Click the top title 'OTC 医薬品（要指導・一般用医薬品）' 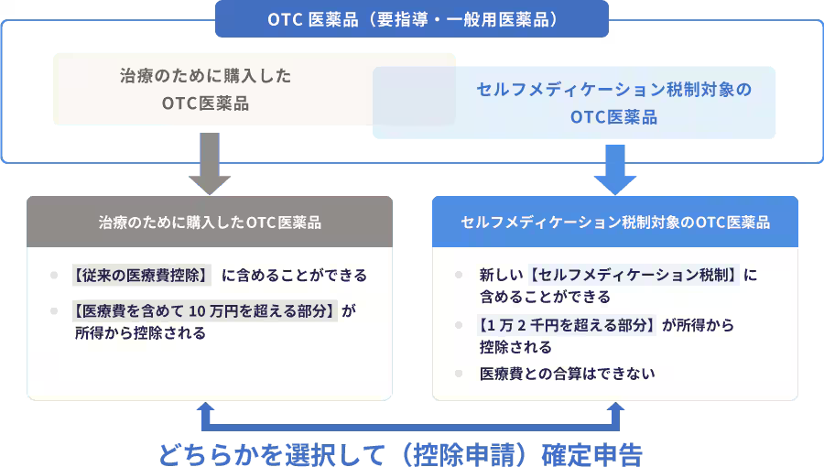click(412, 19)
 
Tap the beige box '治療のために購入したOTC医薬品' click(206, 89)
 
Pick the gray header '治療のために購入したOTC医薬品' click(210, 223)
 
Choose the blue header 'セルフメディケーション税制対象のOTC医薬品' click(614, 223)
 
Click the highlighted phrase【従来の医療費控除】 click(142, 275)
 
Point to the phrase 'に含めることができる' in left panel click(294, 275)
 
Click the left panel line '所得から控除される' click(140, 333)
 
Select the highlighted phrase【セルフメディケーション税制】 click(634, 275)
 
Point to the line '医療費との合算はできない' click(567, 374)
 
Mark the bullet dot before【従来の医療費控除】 click(55, 275)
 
